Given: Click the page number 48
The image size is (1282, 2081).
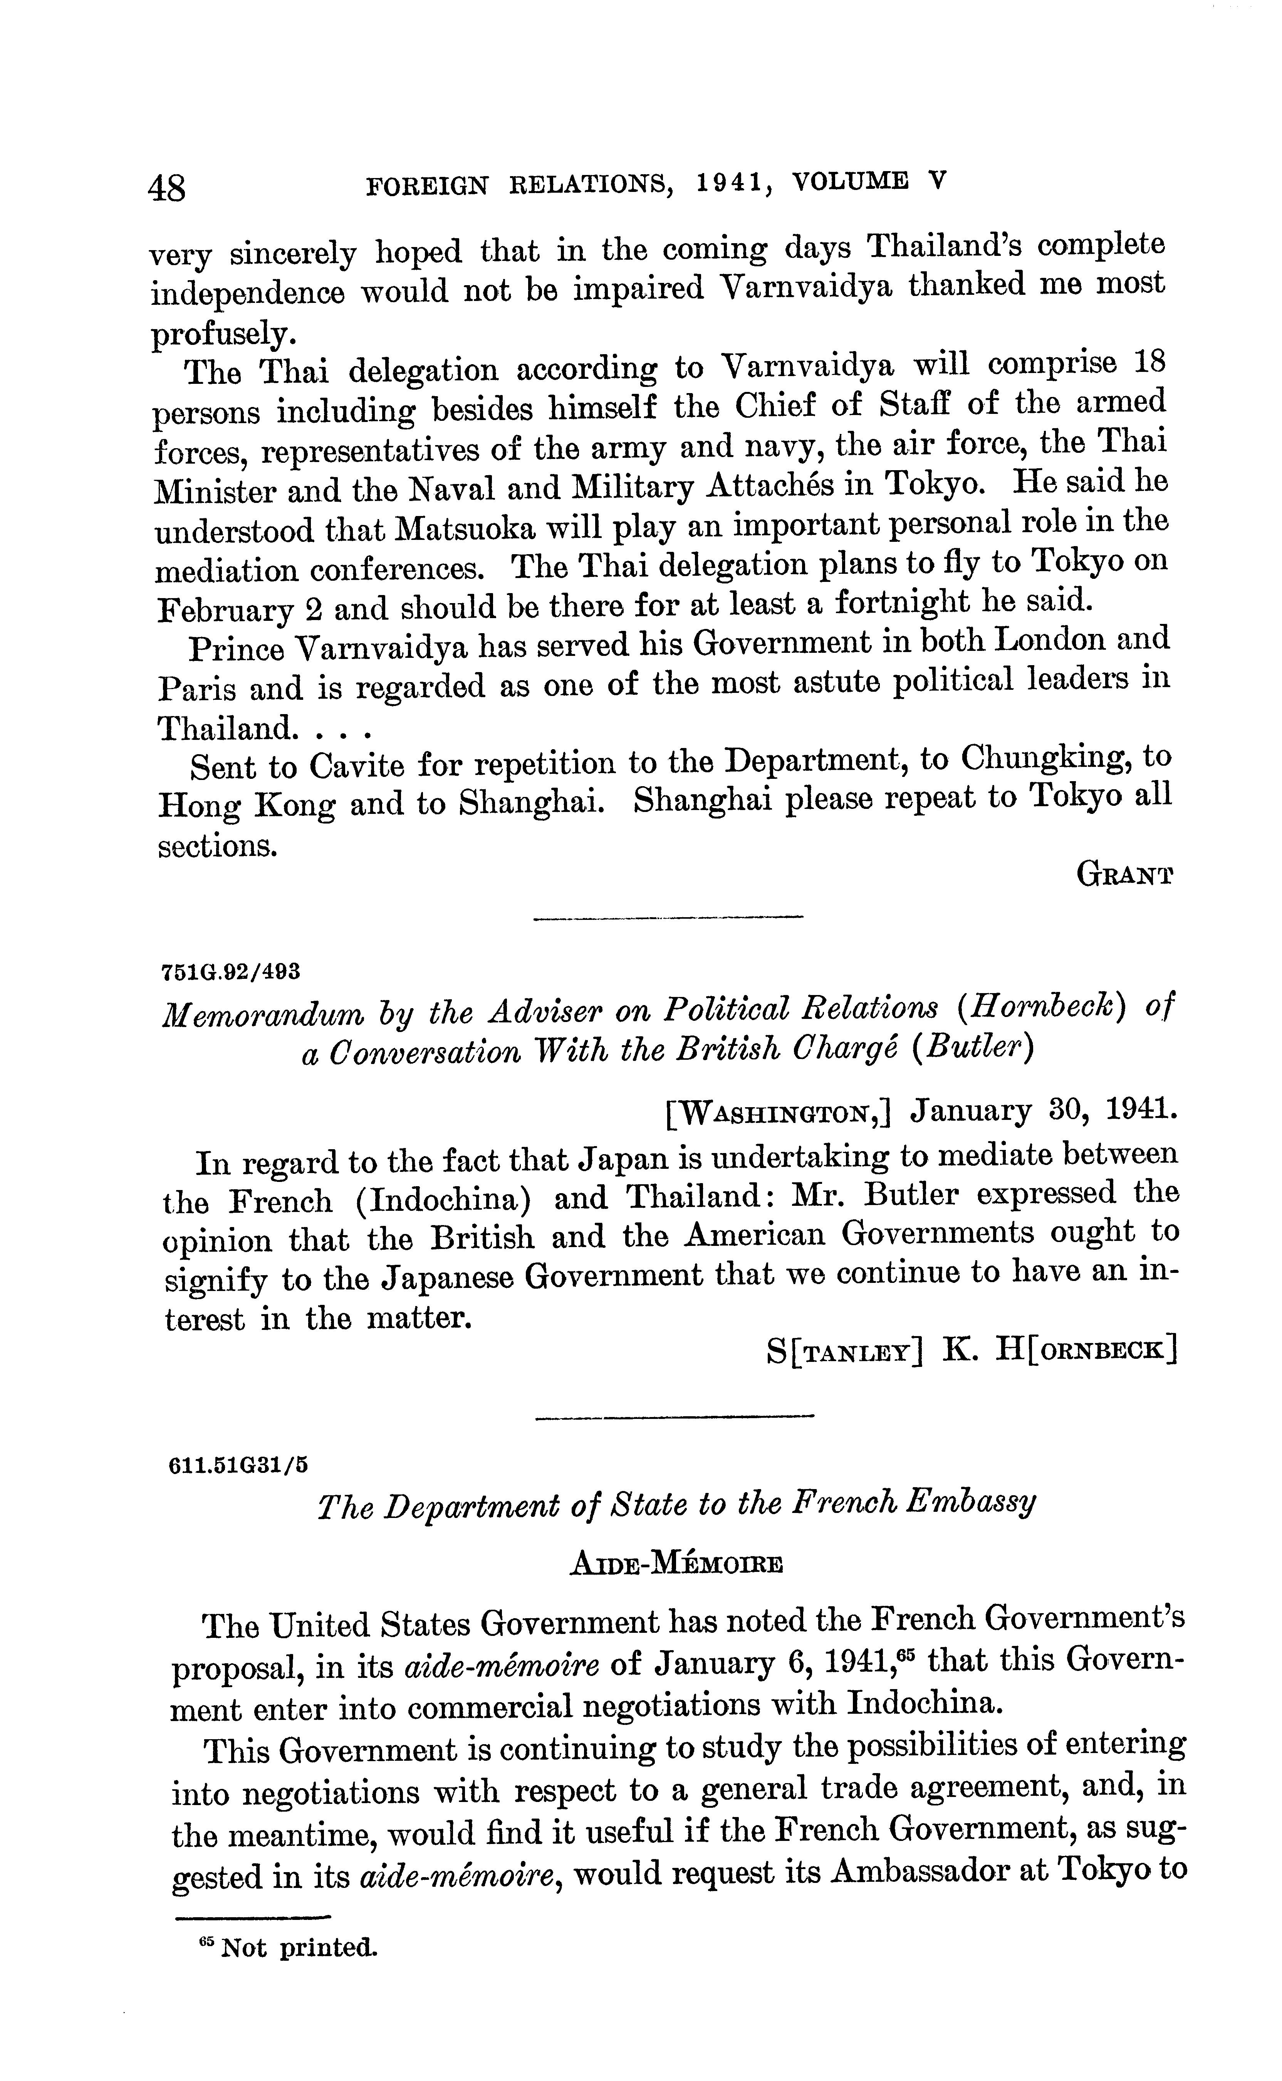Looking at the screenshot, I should (x=167, y=187).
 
